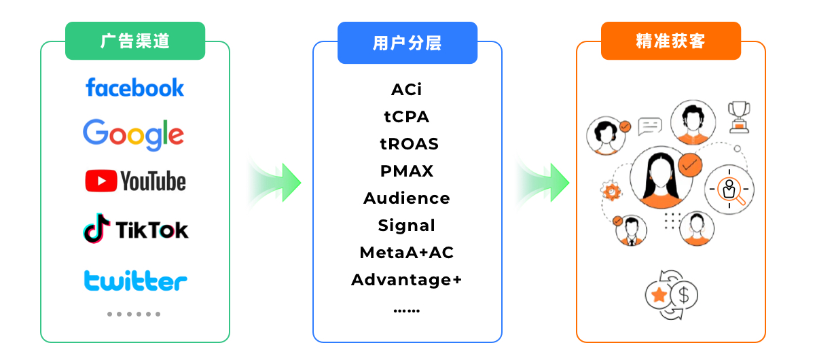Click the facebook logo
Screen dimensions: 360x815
tap(134, 88)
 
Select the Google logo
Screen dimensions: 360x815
tap(134, 134)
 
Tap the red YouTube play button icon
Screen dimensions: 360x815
tap(101, 181)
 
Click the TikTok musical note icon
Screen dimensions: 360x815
tap(96, 229)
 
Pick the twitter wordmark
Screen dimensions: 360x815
tap(135, 280)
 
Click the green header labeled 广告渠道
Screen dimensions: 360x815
tap(135, 41)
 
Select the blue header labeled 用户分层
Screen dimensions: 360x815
tap(407, 43)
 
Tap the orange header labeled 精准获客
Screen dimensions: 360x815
tap(670, 41)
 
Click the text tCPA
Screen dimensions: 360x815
tap(407, 117)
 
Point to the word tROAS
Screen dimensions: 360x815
tap(409, 144)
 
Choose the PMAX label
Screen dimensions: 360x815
tap(407, 171)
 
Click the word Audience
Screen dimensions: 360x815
tap(407, 198)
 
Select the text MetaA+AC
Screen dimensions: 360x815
tap(407, 253)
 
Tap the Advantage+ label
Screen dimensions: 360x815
tap(407, 280)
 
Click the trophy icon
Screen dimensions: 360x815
tap(738, 115)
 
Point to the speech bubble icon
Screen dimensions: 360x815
tap(650, 126)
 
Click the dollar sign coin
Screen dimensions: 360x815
tap(684, 295)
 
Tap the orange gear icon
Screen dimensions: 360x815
tap(612, 192)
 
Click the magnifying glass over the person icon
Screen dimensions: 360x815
tap(730, 190)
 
